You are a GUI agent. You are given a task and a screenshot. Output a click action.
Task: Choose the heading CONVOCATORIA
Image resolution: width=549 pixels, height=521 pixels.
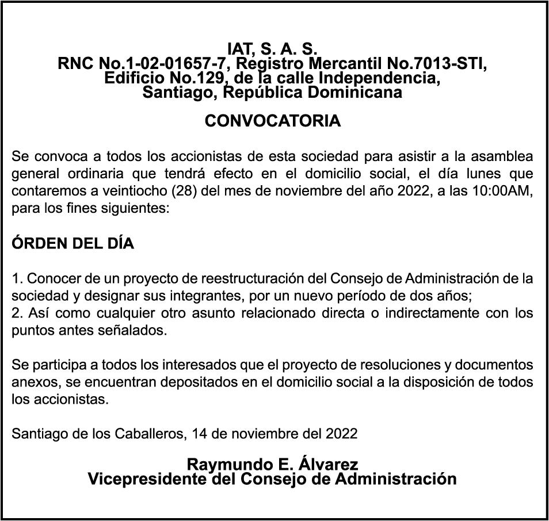273,121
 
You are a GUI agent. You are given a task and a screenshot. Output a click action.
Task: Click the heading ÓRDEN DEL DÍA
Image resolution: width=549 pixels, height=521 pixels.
73,244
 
